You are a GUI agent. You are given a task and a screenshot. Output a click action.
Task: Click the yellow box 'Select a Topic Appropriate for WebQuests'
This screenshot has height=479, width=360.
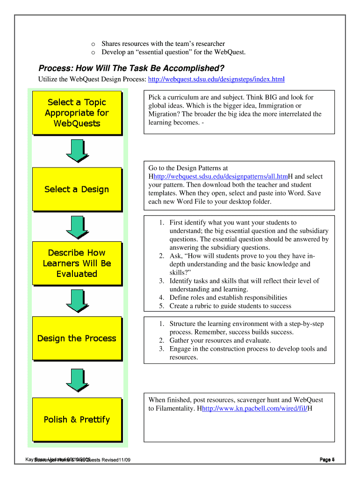pyautogui.click(x=77, y=113)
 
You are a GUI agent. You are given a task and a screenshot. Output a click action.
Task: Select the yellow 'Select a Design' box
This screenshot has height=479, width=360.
pyautogui.click(x=77, y=189)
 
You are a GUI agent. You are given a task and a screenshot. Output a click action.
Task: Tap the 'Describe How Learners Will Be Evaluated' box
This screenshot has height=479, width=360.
pyautogui.click(x=77, y=263)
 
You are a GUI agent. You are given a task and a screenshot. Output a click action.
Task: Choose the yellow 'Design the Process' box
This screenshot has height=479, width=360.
pyautogui.click(x=77, y=338)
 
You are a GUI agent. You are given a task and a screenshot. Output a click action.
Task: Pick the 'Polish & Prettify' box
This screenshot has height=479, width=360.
pyautogui.click(x=77, y=419)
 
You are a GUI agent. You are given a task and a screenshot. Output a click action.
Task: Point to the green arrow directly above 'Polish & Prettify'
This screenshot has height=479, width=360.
pyautogui.click(x=77, y=379)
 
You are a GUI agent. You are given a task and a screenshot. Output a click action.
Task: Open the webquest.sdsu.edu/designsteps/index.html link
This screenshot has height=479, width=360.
pyautogui.click(x=216, y=80)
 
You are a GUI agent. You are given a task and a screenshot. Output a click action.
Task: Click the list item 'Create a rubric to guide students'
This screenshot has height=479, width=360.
pyautogui.click(x=230, y=306)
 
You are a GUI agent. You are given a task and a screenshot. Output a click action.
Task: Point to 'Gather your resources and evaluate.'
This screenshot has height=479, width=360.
pyautogui.click(x=220, y=341)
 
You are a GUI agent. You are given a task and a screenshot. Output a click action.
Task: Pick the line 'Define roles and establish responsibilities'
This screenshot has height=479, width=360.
pyautogui.click(x=228, y=298)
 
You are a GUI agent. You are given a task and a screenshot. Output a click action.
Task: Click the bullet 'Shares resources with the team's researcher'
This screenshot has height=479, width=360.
pyautogui.click(x=163, y=44)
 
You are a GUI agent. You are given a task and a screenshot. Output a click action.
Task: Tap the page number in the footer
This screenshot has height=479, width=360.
pyautogui.click(x=327, y=460)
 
